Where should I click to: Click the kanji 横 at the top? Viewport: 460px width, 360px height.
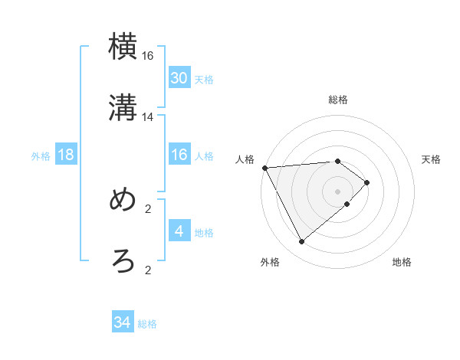coord(123,47)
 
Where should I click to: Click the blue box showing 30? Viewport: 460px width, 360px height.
coord(179,78)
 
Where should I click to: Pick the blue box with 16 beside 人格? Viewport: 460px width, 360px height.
coord(179,155)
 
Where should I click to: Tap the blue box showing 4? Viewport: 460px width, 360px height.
coord(179,231)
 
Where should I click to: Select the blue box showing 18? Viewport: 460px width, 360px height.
coord(66,155)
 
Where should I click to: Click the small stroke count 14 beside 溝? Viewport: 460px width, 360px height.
coord(148,117)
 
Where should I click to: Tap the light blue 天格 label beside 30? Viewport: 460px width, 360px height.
coord(204,80)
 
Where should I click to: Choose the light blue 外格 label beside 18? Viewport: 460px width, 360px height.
coord(41,156)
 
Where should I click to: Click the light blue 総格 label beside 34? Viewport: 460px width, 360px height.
coord(147,324)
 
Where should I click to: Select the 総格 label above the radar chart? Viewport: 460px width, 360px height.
coord(338,100)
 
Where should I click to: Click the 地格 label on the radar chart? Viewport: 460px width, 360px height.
coord(402,263)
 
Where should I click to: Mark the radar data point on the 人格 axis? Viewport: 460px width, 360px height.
coord(264,167)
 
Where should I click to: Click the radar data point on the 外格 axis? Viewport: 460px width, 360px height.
coord(301,242)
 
